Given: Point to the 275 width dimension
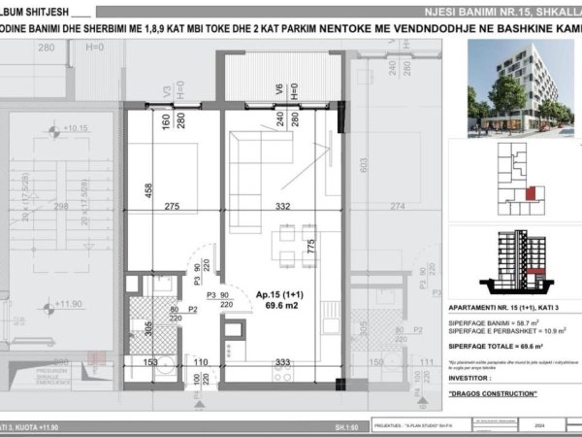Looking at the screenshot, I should point(173,207).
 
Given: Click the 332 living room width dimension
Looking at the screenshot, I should point(282,207).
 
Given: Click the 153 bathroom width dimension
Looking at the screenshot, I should point(150,362).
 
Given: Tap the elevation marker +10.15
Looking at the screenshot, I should point(74,128).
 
